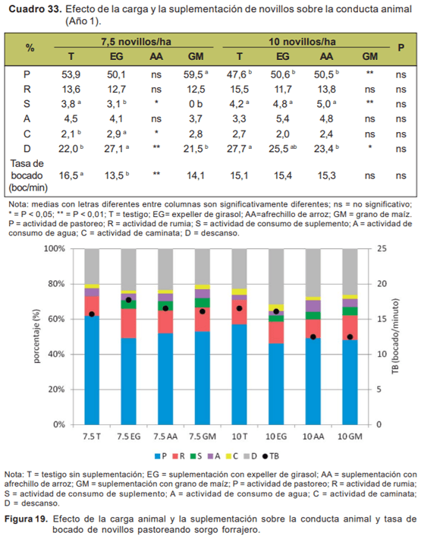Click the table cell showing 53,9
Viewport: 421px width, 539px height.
point(71,75)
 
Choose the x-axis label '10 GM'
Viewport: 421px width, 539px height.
point(350,437)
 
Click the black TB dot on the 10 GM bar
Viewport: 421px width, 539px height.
point(350,336)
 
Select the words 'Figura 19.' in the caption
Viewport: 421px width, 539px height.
point(27,519)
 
